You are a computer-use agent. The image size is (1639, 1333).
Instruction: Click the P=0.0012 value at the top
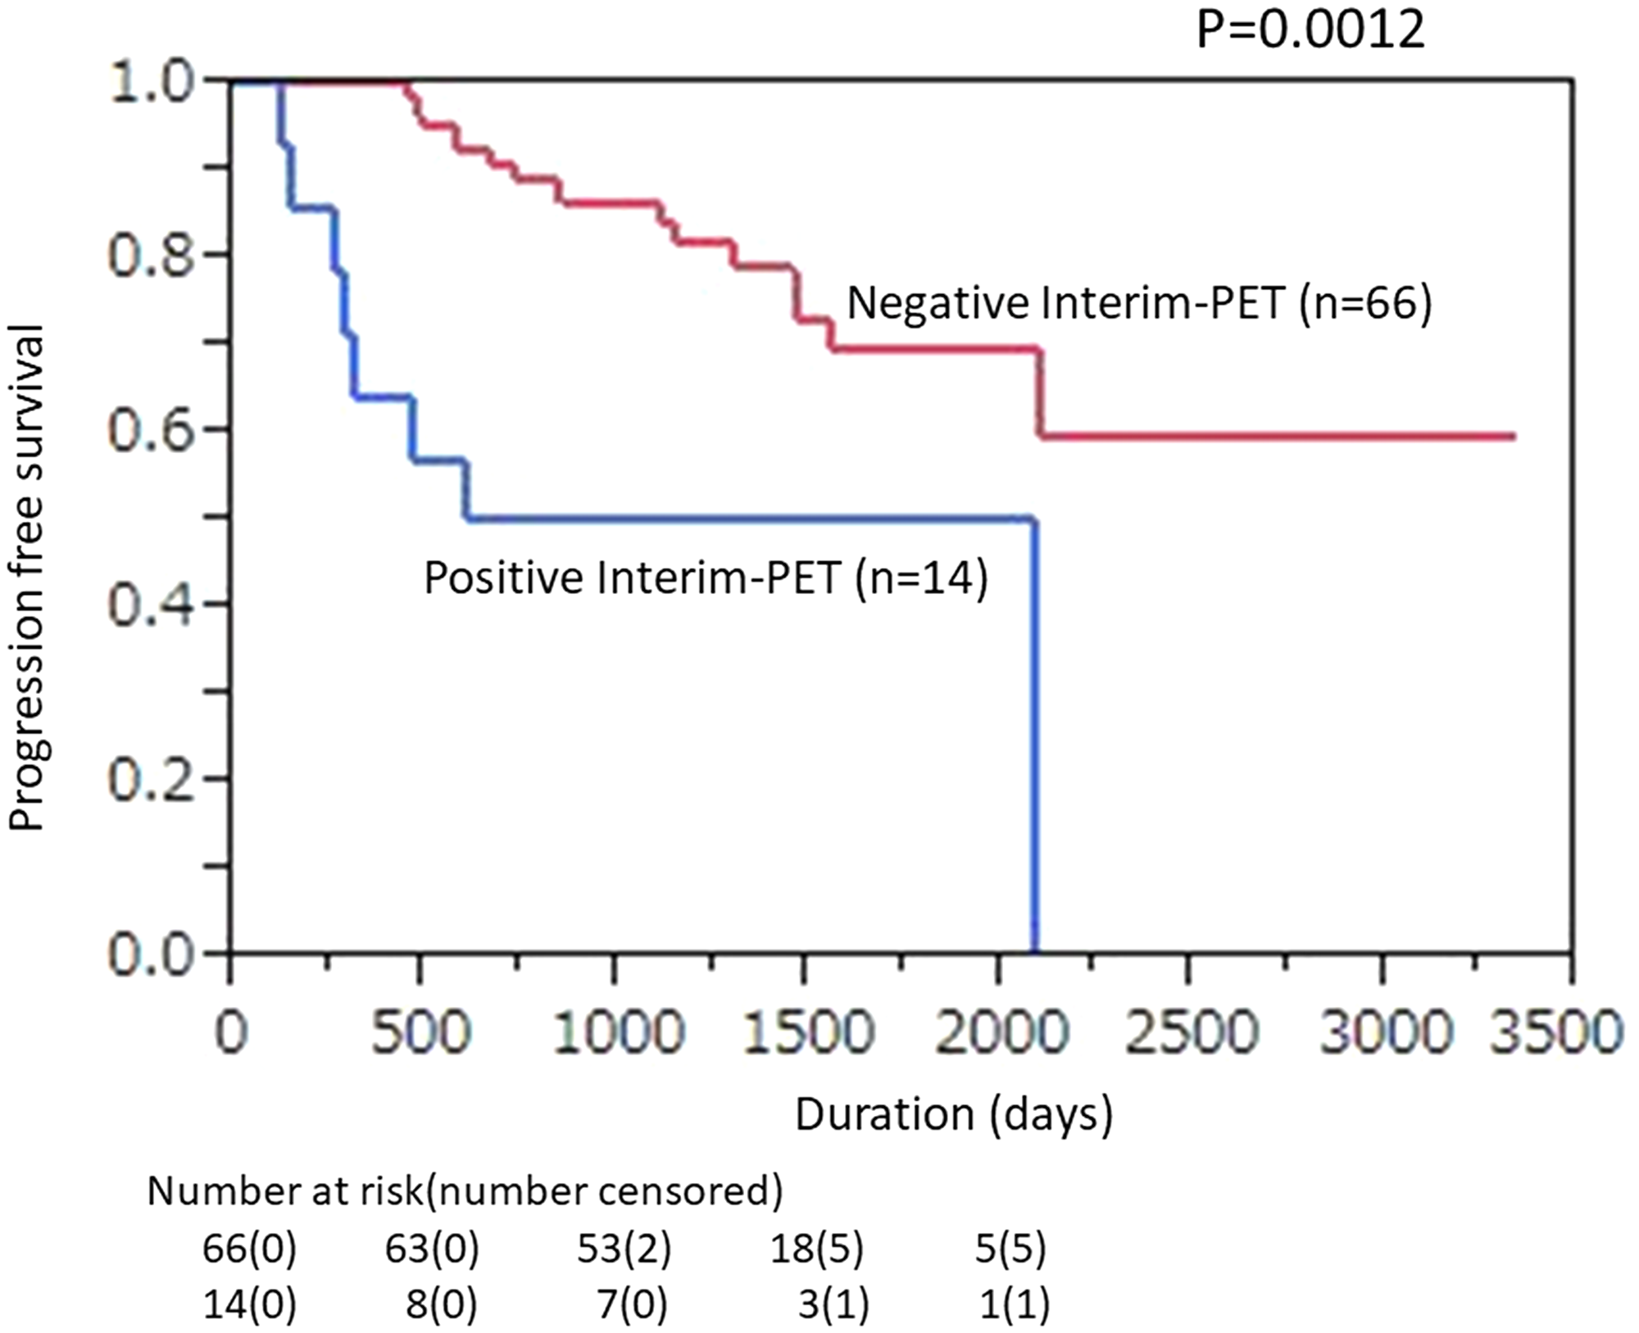[1310, 30]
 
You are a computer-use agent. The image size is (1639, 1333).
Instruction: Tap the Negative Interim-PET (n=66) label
[1139, 304]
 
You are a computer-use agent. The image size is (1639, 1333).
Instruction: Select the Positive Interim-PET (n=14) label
[706, 578]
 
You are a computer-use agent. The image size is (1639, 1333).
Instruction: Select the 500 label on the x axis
[420, 1031]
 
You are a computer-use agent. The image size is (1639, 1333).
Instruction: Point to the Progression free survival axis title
[27, 578]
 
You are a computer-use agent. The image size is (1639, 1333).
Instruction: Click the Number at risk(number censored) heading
[465, 1192]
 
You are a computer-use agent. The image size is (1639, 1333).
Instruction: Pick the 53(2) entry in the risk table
[624, 1249]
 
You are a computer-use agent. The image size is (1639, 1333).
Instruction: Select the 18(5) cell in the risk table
[816, 1249]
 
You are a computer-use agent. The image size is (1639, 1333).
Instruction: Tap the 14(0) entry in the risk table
[249, 1304]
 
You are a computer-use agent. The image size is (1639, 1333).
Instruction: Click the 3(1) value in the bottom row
[833, 1304]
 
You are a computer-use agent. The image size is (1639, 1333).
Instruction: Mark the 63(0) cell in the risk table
[432, 1249]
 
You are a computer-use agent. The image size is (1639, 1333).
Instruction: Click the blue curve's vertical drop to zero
[1035, 737]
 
